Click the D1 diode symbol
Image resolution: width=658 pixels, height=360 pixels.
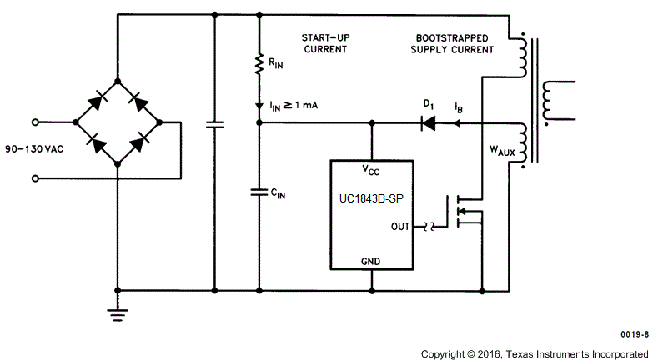[x=429, y=123]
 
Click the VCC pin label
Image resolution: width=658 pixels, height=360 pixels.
[x=371, y=170]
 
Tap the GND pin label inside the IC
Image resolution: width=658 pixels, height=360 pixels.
[x=371, y=261]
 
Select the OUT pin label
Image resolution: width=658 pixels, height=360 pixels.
[x=400, y=226]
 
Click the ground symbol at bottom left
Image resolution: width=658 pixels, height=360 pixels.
[x=118, y=312]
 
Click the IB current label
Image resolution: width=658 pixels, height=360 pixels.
[x=460, y=107]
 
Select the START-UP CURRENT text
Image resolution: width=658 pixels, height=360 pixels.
[x=324, y=44]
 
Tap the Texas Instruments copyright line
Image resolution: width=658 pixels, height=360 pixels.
[x=534, y=352]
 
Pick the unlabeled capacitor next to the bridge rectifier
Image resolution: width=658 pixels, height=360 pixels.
[x=214, y=124]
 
